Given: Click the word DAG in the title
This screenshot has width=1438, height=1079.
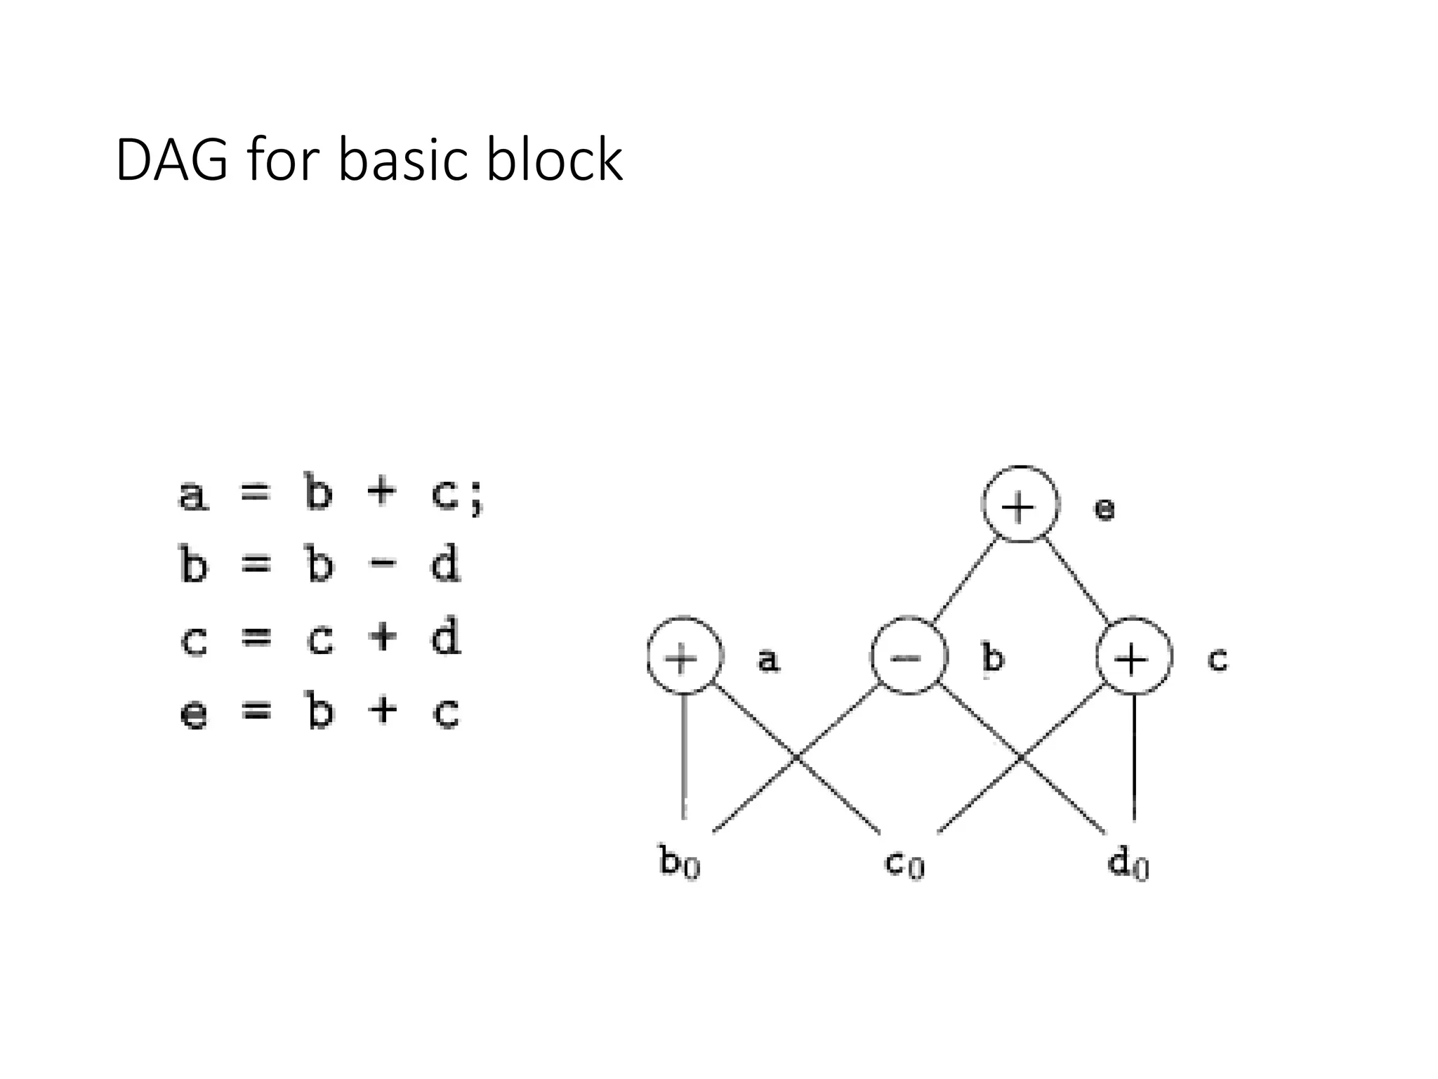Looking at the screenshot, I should pos(171,160).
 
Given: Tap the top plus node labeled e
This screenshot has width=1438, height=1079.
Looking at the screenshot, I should pos(1020,504).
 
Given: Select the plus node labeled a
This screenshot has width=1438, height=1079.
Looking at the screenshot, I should pos(684,657).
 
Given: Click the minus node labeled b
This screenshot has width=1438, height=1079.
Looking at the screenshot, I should pos(909,657).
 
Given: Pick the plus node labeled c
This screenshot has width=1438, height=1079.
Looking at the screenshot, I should pos(1133,657).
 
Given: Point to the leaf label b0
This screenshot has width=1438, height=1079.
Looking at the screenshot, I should pos(679,861).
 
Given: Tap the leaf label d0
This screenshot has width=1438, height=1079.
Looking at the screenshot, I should pos(1128,861).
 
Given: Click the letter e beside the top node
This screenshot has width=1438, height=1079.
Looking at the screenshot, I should pos(1104,509).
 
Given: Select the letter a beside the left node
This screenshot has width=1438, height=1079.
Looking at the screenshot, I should pos(768,660).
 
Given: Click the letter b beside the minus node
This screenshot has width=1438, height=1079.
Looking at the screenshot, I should pos(992,658).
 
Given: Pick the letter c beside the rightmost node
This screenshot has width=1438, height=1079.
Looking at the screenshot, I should pos(1218,659).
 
